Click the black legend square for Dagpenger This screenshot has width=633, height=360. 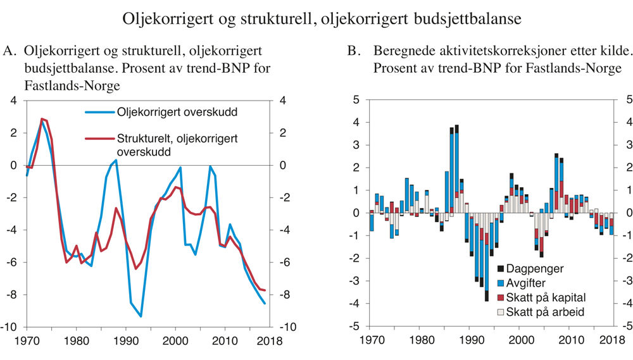tap(501, 270)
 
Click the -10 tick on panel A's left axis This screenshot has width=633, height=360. tap(11, 327)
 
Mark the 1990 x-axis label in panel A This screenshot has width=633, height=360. tap(126, 341)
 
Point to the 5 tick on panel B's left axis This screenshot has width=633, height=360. tap(356, 100)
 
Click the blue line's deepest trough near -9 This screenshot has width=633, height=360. tap(141, 316)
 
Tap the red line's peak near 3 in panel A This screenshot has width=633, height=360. tap(42, 119)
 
